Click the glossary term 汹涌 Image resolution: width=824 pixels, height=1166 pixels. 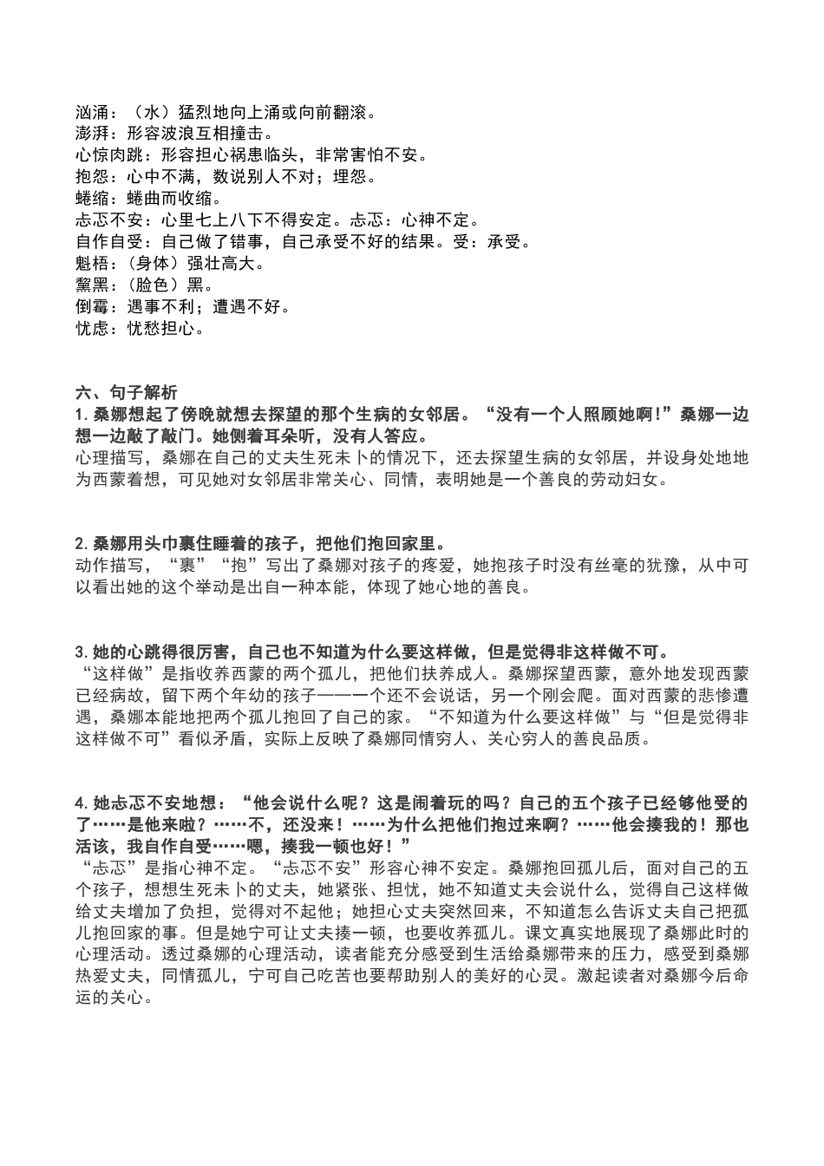(x=91, y=113)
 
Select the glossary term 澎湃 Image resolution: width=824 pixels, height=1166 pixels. (x=91, y=134)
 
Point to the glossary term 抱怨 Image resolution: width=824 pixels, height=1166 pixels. (x=91, y=178)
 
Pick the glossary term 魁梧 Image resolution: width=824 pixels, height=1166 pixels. (x=91, y=264)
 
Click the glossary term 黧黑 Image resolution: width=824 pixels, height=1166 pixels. (x=91, y=285)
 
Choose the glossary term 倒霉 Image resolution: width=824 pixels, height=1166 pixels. (x=91, y=307)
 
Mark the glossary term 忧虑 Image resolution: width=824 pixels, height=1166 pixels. (x=91, y=329)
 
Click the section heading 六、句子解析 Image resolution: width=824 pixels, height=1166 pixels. (x=127, y=393)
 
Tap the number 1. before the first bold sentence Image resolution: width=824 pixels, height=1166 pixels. (x=81, y=415)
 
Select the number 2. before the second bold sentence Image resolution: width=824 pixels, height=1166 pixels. (x=81, y=545)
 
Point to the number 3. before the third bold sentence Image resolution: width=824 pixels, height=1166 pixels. (x=81, y=652)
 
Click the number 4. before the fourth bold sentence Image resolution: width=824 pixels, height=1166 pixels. (x=81, y=803)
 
